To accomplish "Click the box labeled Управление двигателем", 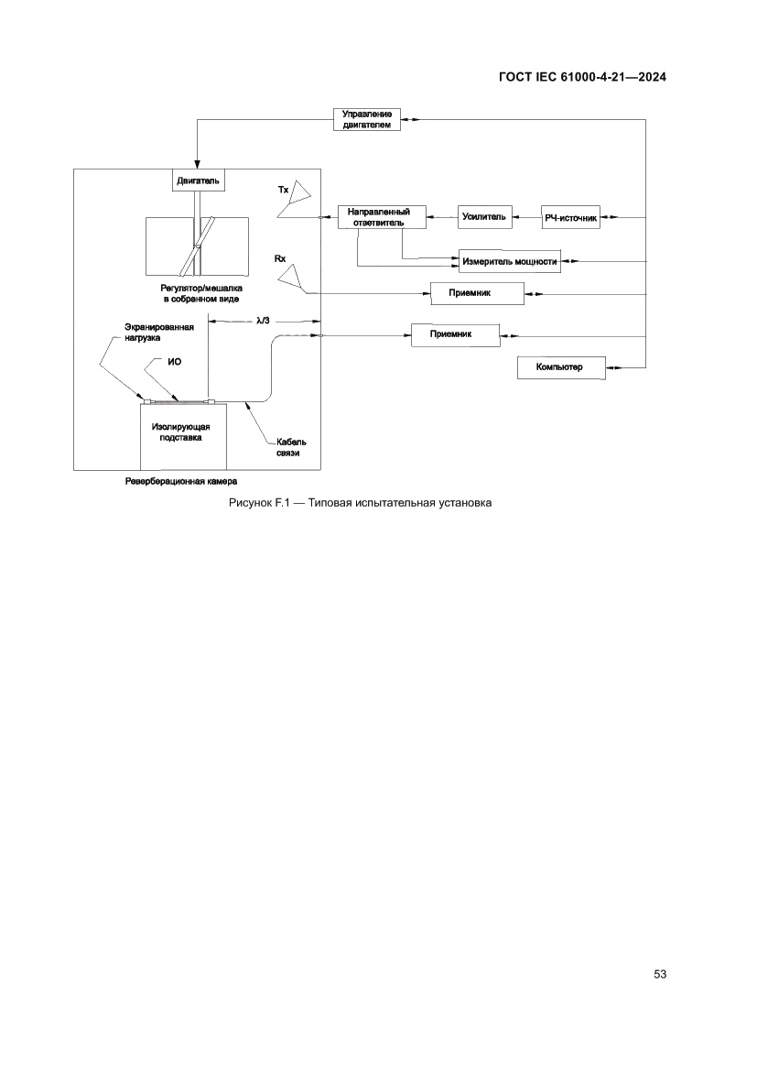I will (x=366, y=119).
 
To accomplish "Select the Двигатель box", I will (x=198, y=180).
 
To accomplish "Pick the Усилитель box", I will (x=484, y=217).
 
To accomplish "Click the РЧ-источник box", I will (x=570, y=217).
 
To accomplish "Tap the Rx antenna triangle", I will (x=292, y=277).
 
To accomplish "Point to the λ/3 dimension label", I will (x=265, y=321).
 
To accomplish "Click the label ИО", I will (x=174, y=362).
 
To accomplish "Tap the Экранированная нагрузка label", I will (x=159, y=332).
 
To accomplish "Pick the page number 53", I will (x=660, y=974).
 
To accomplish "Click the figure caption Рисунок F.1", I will (x=360, y=503).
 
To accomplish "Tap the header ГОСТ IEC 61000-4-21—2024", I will (x=581, y=78).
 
